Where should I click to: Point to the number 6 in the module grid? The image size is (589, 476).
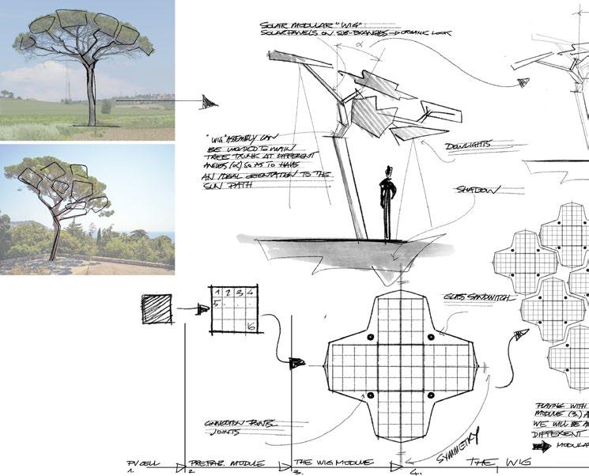coord(249,326)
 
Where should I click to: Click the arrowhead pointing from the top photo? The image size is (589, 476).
coord(208,101)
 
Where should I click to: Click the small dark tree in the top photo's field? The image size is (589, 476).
coord(106,105)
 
